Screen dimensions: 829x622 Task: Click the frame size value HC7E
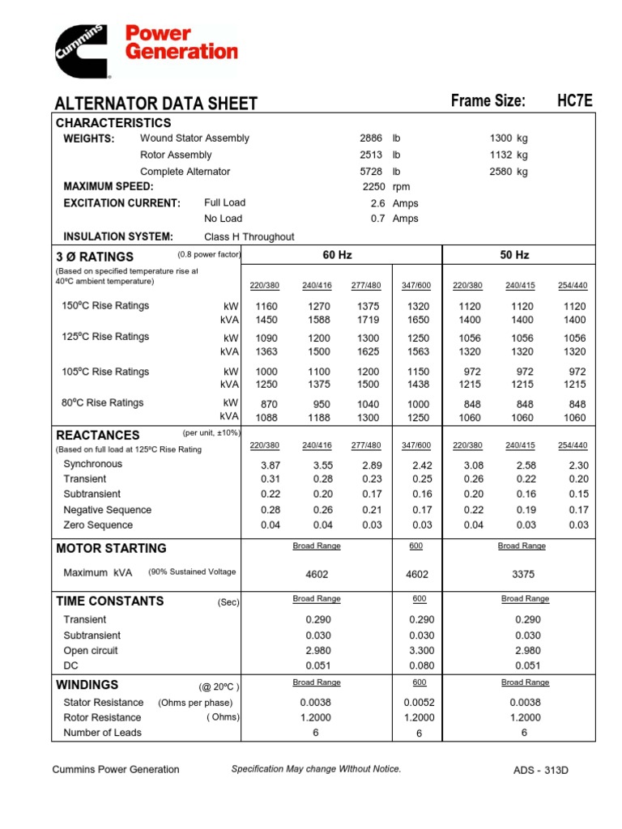pyautogui.click(x=575, y=101)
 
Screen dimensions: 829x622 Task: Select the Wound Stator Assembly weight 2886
pyautogui.click(x=371, y=138)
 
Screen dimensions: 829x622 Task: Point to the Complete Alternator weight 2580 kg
pyautogui.click(x=509, y=172)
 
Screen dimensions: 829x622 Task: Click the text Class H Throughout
pyautogui.click(x=249, y=237)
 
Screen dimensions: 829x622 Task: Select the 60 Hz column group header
pyautogui.click(x=338, y=255)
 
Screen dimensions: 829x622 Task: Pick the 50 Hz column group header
pyautogui.click(x=514, y=255)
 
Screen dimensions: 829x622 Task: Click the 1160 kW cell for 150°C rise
pyautogui.click(x=266, y=307)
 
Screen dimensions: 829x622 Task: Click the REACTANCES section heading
pyautogui.click(x=97, y=435)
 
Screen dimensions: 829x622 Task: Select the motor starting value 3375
pyautogui.click(x=522, y=574)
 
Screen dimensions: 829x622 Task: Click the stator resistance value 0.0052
pyautogui.click(x=420, y=703)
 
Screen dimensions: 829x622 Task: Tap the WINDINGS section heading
pyautogui.click(x=87, y=685)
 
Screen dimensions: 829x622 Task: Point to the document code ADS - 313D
pyautogui.click(x=541, y=770)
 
